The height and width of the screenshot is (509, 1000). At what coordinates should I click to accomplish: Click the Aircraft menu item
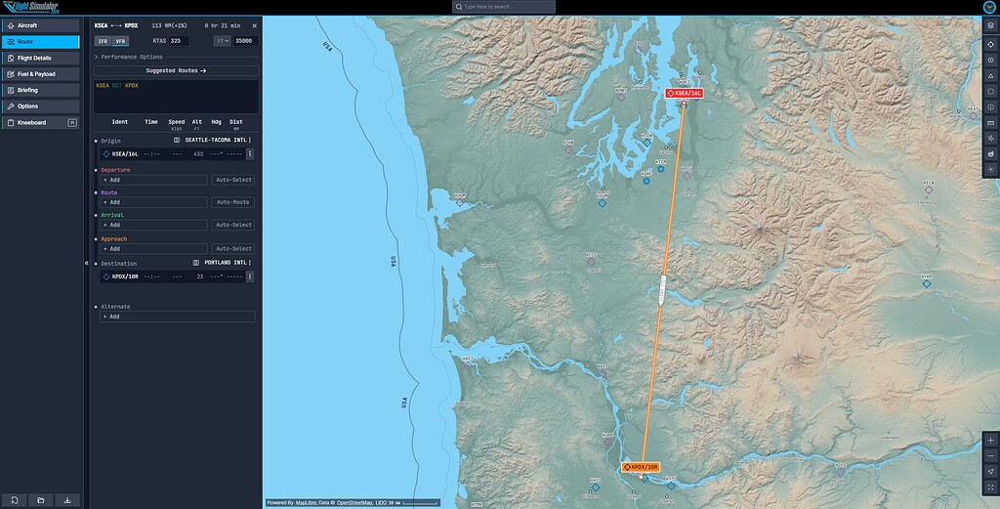click(41, 24)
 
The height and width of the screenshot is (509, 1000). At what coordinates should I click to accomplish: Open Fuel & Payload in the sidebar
click(41, 74)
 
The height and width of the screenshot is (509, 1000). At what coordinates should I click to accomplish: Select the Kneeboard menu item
click(41, 122)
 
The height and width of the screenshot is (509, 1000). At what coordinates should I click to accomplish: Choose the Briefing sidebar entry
click(41, 90)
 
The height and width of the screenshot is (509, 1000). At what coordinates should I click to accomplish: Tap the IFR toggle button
click(103, 41)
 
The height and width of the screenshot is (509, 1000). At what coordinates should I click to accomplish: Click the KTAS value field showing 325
click(178, 41)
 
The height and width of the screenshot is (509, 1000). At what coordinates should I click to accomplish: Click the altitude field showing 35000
click(244, 41)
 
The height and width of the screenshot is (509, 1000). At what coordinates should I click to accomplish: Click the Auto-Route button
click(234, 202)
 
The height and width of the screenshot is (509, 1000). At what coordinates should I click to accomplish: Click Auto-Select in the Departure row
click(234, 180)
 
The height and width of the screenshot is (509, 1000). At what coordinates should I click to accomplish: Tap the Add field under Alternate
click(177, 317)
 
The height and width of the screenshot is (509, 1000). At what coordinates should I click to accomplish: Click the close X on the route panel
click(254, 25)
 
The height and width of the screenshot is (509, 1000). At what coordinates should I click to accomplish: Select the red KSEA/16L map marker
click(684, 93)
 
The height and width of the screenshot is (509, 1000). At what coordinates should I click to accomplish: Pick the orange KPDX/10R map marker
click(642, 467)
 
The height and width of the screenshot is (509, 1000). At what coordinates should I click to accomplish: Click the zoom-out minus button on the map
click(991, 456)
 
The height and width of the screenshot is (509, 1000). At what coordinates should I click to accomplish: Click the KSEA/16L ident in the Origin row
click(125, 153)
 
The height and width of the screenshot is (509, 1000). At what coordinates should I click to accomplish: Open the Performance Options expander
click(132, 58)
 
